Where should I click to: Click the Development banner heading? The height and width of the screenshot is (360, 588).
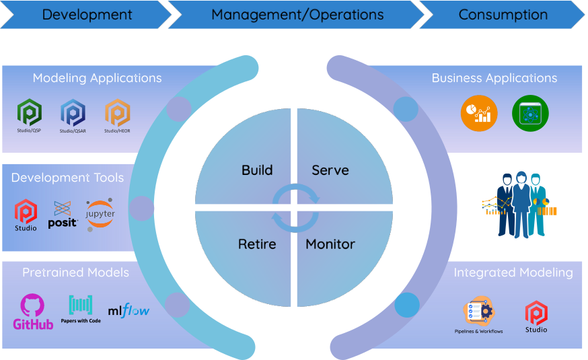click(x=87, y=15)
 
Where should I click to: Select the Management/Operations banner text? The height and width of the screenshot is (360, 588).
click(x=297, y=15)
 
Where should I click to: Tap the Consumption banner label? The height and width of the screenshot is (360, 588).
click(x=503, y=15)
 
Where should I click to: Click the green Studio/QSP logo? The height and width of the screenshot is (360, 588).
click(x=29, y=112)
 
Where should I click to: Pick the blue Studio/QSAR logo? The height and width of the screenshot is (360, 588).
click(x=73, y=112)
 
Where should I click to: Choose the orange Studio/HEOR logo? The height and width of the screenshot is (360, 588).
click(x=117, y=112)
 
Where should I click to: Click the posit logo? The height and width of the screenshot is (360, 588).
click(x=63, y=215)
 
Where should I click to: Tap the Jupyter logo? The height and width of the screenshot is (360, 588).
click(x=100, y=214)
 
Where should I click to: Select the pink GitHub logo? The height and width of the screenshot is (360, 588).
click(x=33, y=312)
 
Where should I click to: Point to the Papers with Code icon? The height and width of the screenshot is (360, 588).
click(x=81, y=305)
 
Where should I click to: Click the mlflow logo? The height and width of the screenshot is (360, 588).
click(x=128, y=310)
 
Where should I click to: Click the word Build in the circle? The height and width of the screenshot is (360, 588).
click(x=257, y=170)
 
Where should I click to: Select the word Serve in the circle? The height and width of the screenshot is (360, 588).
click(x=330, y=170)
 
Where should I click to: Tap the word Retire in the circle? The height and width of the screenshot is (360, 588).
click(x=257, y=244)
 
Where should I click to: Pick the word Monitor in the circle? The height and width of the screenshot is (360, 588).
click(x=330, y=244)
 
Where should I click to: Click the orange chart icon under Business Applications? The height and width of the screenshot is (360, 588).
click(x=479, y=113)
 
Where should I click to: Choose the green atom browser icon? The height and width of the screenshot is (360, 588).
click(x=530, y=113)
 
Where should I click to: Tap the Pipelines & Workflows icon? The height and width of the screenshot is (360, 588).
click(x=479, y=311)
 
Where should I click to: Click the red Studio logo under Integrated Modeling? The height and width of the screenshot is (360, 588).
click(x=536, y=313)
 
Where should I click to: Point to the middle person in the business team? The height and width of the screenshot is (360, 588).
click(x=521, y=205)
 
